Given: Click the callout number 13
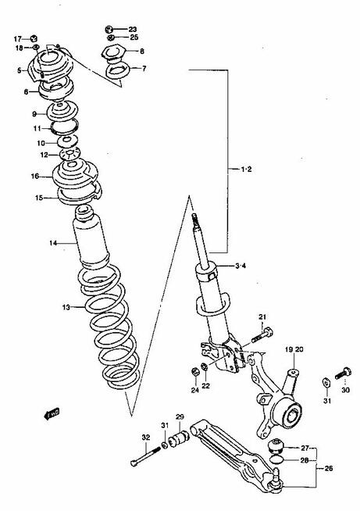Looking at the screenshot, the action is pos(66,307).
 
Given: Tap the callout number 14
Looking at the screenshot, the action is pos(53,243).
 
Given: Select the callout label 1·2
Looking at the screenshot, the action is pos(246,169).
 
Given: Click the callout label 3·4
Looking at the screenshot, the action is pos(241,266).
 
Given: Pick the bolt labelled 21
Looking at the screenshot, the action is pos(262,336).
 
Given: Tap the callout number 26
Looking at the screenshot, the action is pos(329,468).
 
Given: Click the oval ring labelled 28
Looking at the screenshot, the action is pos(276,459).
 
